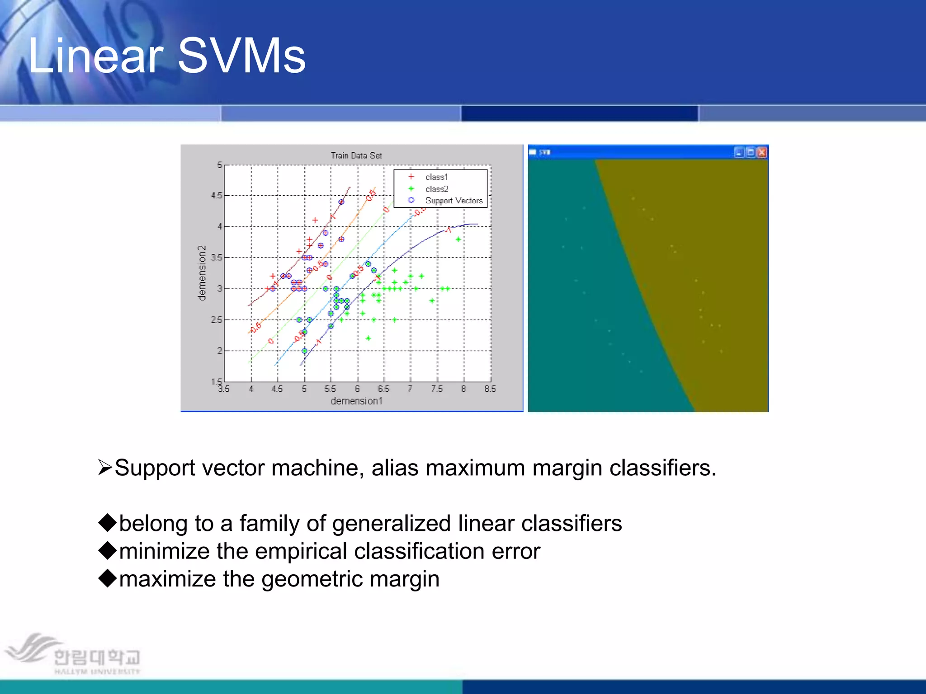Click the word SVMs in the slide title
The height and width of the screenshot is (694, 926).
pyautogui.click(x=242, y=56)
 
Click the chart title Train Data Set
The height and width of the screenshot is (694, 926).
pyautogui.click(x=356, y=155)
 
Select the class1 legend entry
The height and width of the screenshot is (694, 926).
pyautogui.click(x=436, y=177)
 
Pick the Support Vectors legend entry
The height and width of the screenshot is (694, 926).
pyautogui.click(x=454, y=201)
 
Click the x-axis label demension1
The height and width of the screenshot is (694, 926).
pyautogui.click(x=356, y=401)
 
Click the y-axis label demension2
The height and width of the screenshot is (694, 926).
pyautogui.click(x=202, y=273)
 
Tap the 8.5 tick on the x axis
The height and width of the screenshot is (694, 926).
pyautogui.click(x=490, y=389)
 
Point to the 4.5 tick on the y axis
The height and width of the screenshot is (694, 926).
pyautogui.click(x=217, y=196)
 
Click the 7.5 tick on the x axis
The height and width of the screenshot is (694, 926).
pyautogui.click(x=436, y=389)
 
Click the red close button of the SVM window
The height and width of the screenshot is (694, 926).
pyautogui.click(x=762, y=152)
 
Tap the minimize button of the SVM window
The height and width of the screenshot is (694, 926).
pyautogui.click(x=739, y=152)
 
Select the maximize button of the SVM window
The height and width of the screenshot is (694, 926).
pyautogui.click(x=751, y=152)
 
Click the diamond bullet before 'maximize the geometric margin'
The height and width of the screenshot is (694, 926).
pyautogui.click(x=108, y=578)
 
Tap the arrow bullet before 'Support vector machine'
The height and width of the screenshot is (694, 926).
pyautogui.click(x=105, y=467)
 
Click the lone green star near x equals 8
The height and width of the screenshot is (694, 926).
pyautogui.click(x=458, y=239)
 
